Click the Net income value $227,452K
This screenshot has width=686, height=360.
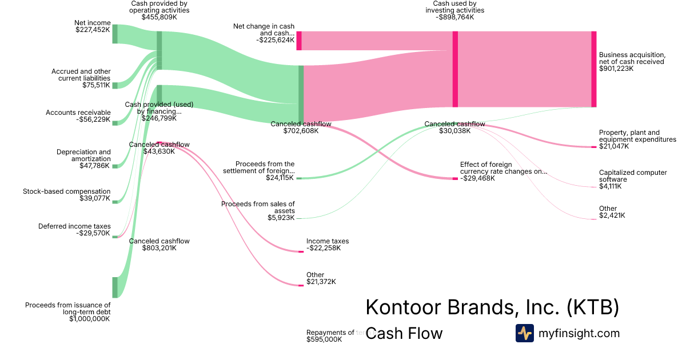click(x=93, y=30)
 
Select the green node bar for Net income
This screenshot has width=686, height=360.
click(x=115, y=34)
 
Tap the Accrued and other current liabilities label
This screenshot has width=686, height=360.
click(x=81, y=75)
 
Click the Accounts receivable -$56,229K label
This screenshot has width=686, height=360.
click(x=78, y=116)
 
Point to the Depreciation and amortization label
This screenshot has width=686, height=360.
click(x=83, y=155)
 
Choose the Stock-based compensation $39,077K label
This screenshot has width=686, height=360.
click(x=67, y=194)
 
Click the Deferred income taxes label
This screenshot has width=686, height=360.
click(x=74, y=226)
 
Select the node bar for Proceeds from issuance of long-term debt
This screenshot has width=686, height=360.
click(x=115, y=287)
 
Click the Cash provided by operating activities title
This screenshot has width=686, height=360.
click(x=159, y=10)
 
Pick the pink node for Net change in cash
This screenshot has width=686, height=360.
click(x=299, y=41)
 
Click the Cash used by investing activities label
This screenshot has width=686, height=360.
click(x=455, y=10)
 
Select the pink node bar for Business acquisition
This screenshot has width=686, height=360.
click(x=593, y=69)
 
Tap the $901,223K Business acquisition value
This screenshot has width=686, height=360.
click(x=616, y=69)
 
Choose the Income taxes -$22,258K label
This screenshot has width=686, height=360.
click(x=328, y=245)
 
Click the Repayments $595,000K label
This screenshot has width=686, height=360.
click(x=330, y=336)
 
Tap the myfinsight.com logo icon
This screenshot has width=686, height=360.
click(x=524, y=333)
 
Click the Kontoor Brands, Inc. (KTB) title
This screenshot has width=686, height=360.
click(x=492, y=307)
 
